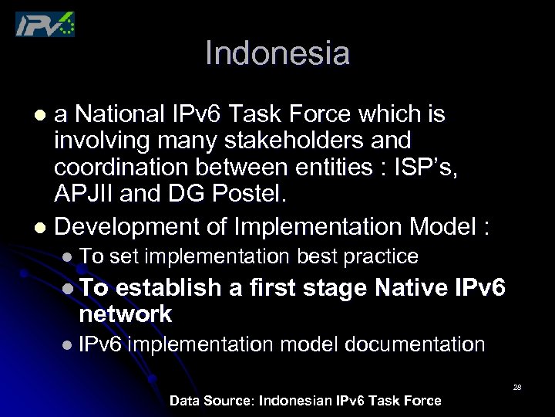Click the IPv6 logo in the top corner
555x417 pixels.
tap(45, 24)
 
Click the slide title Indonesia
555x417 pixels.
tap(277, 53)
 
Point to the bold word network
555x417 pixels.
tap(125, 314)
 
